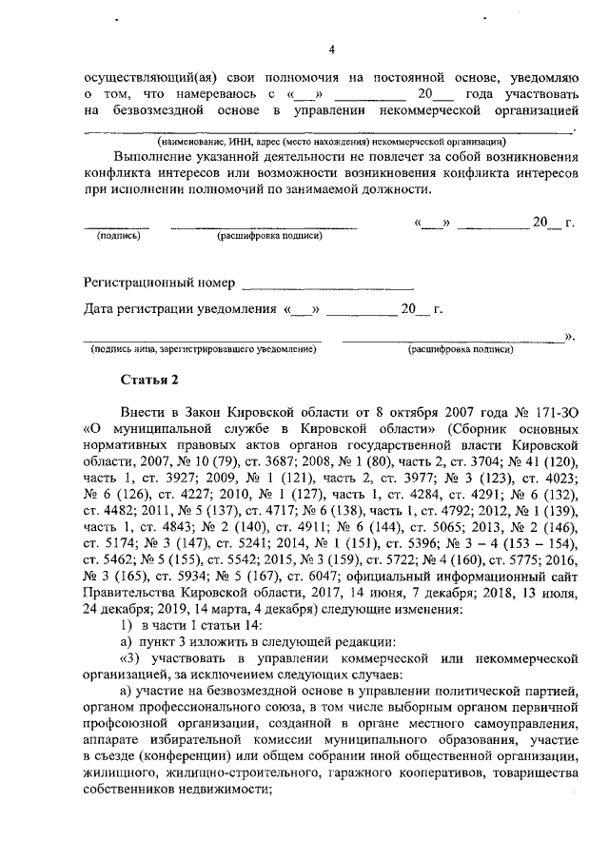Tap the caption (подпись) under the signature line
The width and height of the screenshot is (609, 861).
pyautogui.click(x=118, y=234)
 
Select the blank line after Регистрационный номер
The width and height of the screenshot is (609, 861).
pyautogui.click(x=327, y=285)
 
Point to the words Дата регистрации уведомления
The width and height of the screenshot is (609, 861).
pyautogui.click(x=180, y=310)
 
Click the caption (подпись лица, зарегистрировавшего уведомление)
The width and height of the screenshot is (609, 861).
pyautogui.click(x=203, y=349)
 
